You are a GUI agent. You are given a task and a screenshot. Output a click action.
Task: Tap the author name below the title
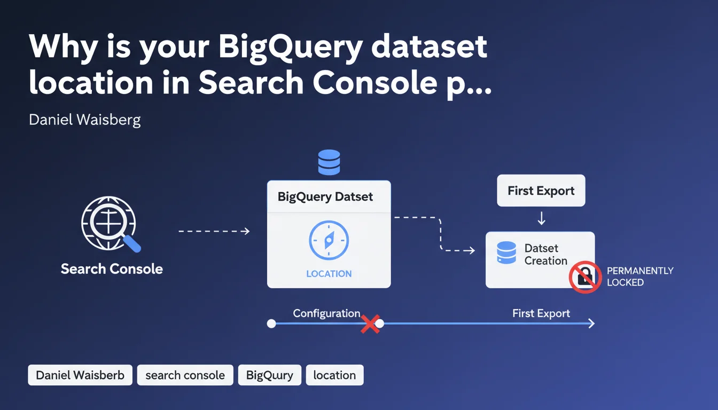pyautogui.click(x=84, y=120)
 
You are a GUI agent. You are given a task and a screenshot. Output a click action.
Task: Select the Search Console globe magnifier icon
pyautogui.click(x=110, y=223)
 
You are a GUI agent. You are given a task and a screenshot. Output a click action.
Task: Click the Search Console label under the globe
pyautogui.click(x=112, y=269)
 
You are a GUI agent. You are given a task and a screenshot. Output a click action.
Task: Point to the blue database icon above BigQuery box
pyautogui.click(x=329, y=162)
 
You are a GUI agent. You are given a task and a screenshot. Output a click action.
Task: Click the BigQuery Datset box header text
pyautogui.click(x=325, y=196)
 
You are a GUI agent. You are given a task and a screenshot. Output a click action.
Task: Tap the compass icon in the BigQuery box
pyautogui.click(x=329, y=241)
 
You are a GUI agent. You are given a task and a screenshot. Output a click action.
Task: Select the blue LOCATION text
pyautogui.click(x=329, y=274)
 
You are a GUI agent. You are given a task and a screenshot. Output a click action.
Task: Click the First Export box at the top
pyautogui.click(x=541, y=191)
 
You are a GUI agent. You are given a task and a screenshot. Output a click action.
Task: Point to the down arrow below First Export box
pyautogui.click(x=541, y=218)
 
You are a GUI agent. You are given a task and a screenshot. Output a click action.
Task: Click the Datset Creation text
pyautogui.click(x=545, y=255)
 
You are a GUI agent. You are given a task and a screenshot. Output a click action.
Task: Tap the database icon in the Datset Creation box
pyautogui.click(x=506, y=253)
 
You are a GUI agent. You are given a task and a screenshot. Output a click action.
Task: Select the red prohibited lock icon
pyautogui.click(x=585, y=277)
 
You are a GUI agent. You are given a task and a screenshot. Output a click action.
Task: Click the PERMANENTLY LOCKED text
pyautogui.click(x=639, y=277)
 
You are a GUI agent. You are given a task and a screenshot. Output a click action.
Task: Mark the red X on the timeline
pyautogui.click(x=370, y=324)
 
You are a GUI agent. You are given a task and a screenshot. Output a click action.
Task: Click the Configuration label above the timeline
pyautogui.click(x=326, y=313)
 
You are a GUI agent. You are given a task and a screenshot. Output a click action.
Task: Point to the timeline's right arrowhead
pyautogui.click(x=590, y=324)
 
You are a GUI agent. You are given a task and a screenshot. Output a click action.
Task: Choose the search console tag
pyautogui.click(x=185, y=375)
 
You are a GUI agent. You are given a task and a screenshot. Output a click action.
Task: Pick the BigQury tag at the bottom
pyautogui.click(x=269, y=375)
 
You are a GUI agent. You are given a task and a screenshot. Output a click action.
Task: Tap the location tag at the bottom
pyautogui.click(x=334, y=375)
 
